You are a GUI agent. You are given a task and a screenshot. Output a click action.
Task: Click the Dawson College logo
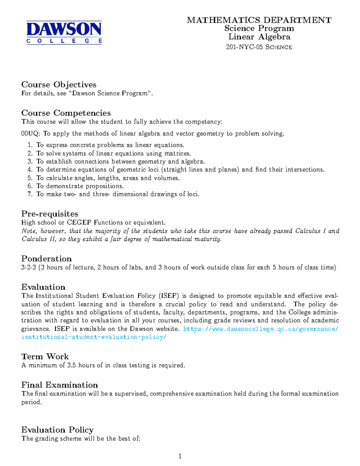(64, 33)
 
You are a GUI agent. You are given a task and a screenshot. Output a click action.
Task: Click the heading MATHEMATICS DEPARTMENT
(259, 20)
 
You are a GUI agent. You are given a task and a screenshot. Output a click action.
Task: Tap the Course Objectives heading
(59, 85)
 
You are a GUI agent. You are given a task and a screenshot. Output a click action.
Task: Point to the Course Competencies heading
(66, 113)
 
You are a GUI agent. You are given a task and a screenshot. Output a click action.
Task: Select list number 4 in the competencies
(30, 170)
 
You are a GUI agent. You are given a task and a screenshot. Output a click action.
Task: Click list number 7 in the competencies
(30, 194)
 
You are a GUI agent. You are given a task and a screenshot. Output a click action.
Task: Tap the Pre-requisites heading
(50, 214)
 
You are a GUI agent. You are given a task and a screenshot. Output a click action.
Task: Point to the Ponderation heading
(46, 259)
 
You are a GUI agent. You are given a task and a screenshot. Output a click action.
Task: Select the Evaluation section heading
(43, 287)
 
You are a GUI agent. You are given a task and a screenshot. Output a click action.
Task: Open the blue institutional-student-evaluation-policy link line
(94, 337)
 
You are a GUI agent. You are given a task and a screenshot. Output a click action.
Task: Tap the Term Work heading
(45, 356)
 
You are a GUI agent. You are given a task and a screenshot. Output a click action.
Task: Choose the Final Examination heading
(60, 385)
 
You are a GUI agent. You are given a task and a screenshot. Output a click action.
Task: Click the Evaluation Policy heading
(58, 430)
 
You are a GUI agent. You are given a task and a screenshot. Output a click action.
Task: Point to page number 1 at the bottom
(180, 456)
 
